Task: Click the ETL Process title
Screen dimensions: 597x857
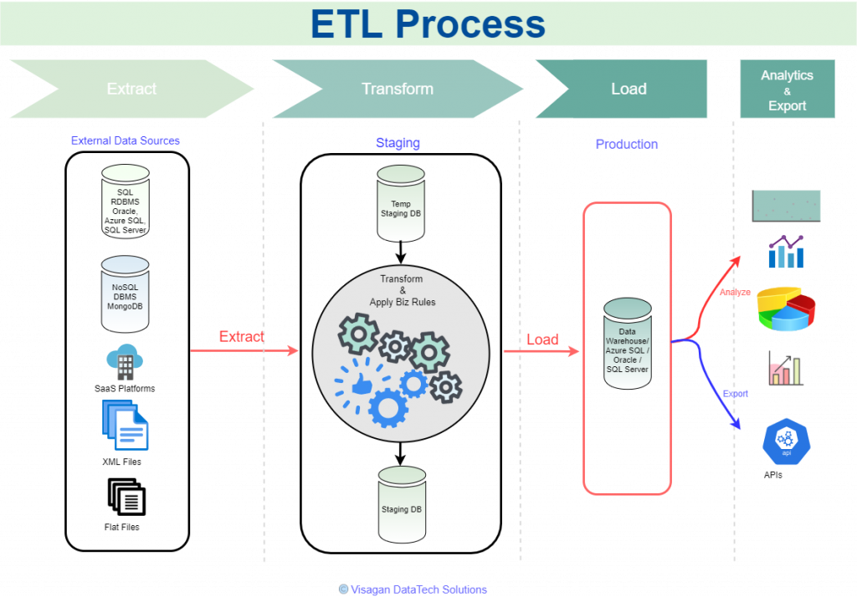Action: pos(428,24)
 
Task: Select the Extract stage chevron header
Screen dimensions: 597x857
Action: pos(131,89)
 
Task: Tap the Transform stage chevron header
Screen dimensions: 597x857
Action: pos(398,89)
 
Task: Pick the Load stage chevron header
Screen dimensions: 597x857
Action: pos(629,89)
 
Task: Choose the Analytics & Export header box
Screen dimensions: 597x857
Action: pos(787,89)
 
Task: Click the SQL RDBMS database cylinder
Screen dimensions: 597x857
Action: pos(126,201)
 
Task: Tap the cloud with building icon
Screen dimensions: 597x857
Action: pos(126,360)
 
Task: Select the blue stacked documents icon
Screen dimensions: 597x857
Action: pos(126,425)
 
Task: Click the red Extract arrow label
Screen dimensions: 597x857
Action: pos(241,337)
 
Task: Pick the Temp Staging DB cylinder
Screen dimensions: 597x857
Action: pos(401,203)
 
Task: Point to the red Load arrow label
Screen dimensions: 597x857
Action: pos(542,340)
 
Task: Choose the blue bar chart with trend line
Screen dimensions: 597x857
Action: pos(786,252)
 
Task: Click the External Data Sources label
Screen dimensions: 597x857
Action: pos(126,140)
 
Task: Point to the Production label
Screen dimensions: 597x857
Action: pos(627,144)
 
